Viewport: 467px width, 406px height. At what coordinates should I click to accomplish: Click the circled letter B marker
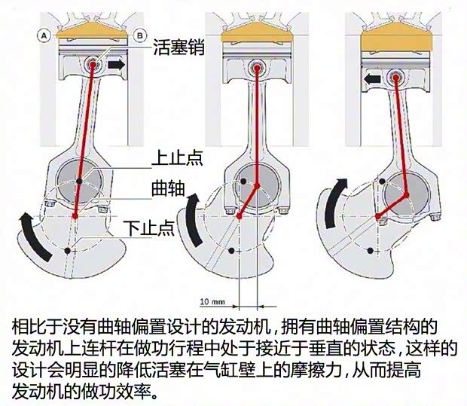139,35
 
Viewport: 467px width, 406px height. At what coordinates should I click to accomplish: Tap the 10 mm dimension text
213,301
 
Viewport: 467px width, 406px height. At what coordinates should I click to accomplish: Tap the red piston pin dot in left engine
93,64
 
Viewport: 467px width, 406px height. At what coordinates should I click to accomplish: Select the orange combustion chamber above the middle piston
257,34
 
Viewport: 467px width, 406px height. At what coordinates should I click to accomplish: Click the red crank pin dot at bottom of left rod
76,215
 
